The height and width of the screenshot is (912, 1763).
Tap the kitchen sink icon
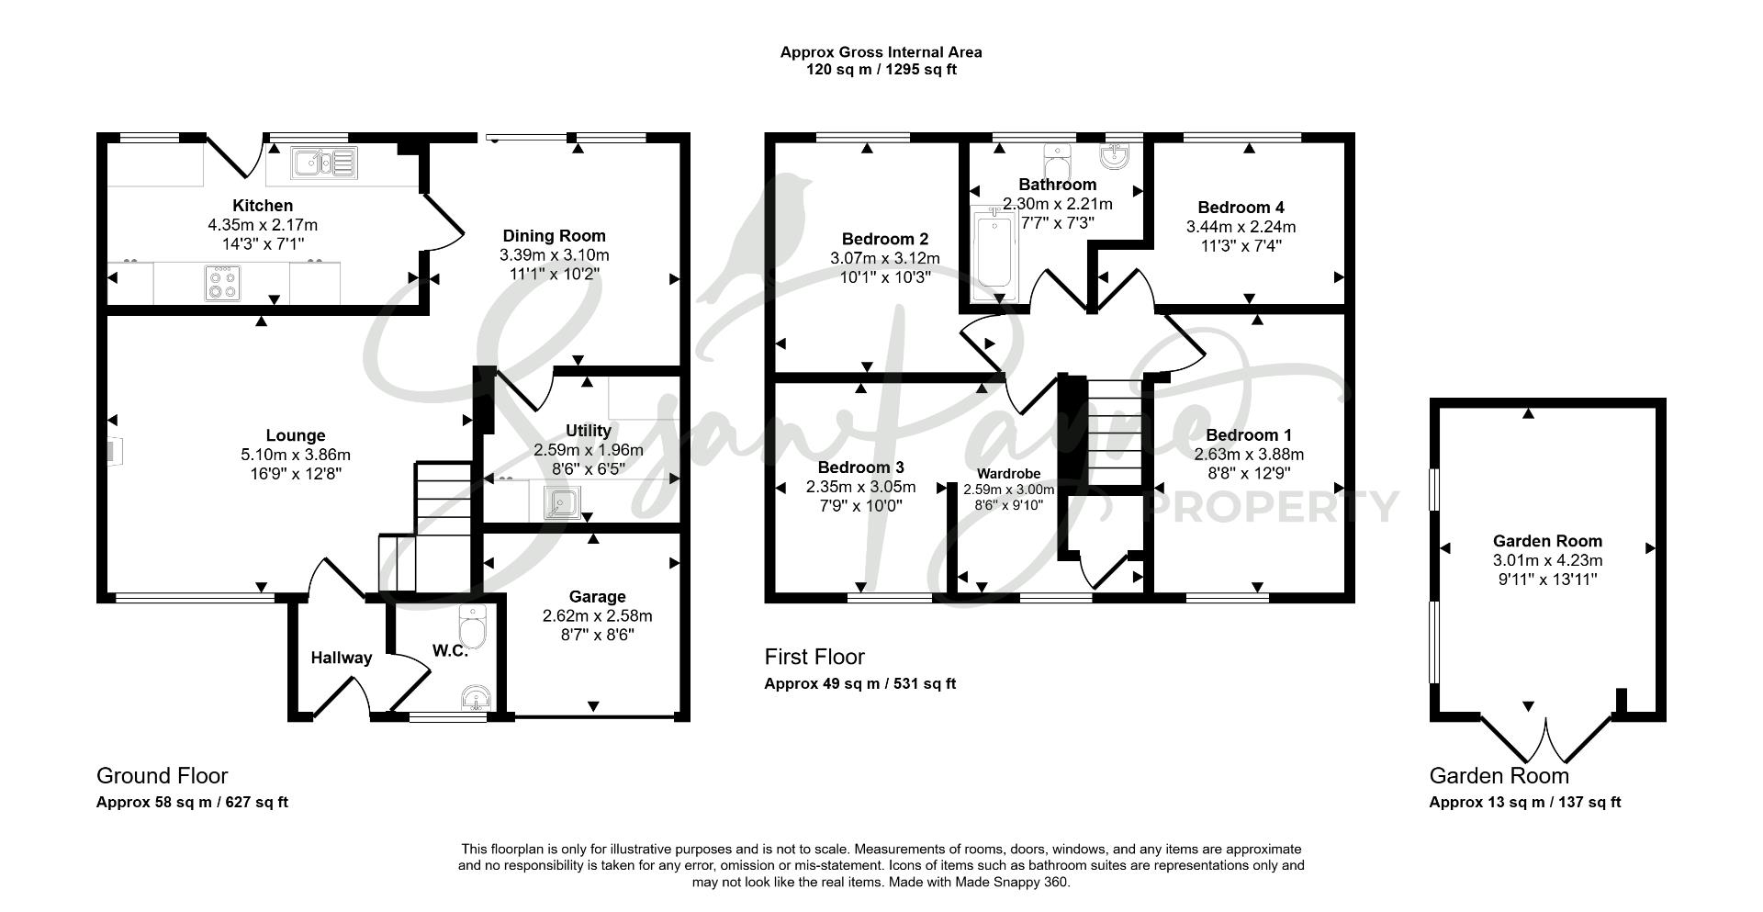[323, 163]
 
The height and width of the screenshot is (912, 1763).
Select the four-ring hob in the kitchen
[222, 283]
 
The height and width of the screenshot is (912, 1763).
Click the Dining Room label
[554, 236]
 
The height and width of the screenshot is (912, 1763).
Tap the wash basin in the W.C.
[476, 700]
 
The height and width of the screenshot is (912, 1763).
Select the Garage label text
[597, 597]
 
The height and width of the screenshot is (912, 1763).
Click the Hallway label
[342, 658]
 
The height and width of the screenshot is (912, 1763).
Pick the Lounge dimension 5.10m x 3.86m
[295, 455]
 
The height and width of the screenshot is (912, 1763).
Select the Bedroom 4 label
[1247, 208]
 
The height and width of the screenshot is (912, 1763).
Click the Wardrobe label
[1009, 475]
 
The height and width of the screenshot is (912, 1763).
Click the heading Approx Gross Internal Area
[881, 52]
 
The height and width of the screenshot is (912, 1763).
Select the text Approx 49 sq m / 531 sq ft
[860, 683]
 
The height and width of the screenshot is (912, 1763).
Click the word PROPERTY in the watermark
[1275, 507]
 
